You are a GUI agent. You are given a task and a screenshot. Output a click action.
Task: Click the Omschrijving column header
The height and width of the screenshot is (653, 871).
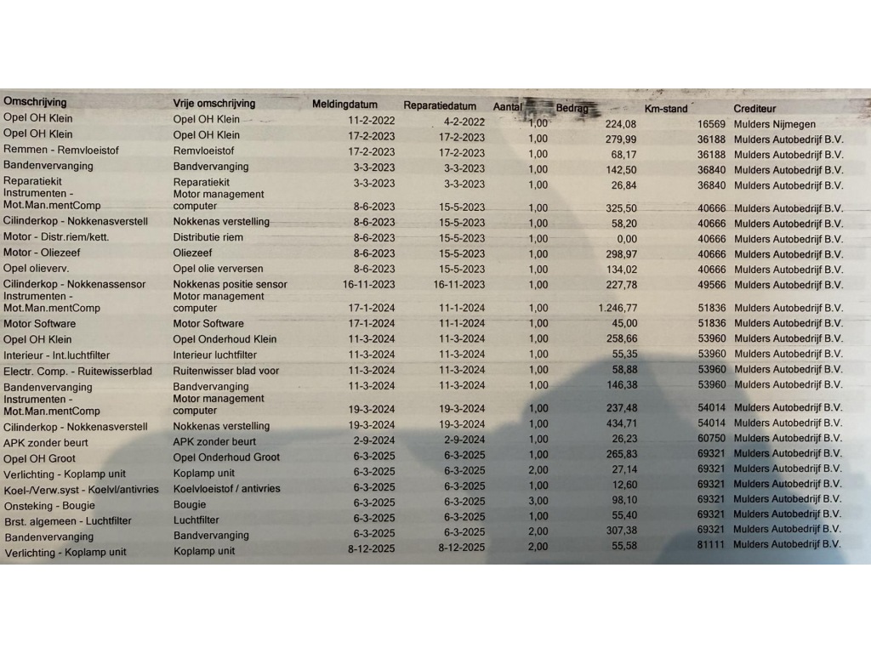35,102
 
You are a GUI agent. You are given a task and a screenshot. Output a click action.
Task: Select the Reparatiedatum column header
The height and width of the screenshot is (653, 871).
439,105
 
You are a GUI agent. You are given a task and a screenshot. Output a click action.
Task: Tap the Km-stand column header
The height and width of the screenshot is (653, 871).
666,109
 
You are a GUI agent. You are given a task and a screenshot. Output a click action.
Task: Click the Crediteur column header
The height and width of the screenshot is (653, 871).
754,109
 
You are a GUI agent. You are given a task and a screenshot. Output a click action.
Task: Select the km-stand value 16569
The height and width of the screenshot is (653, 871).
711,124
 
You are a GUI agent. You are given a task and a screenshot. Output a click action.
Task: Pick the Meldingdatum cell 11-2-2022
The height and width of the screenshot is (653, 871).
372,121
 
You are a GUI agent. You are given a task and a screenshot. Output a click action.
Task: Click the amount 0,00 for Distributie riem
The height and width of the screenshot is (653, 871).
625,239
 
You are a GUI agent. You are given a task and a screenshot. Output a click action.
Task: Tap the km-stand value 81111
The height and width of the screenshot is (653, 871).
711,544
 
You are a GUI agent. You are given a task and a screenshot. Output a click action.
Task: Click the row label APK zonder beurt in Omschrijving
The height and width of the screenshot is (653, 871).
44,442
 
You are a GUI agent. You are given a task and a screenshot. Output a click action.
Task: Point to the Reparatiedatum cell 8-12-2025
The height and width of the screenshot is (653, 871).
462,547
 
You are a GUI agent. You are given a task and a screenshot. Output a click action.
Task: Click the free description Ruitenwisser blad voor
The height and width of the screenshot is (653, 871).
225,371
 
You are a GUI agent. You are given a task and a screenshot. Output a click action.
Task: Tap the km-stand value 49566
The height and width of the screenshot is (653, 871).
711,285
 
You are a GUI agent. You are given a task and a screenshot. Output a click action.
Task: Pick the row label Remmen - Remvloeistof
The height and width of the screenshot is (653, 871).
61,150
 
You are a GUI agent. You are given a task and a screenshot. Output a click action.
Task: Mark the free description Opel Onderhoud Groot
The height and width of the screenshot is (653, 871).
226,457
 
